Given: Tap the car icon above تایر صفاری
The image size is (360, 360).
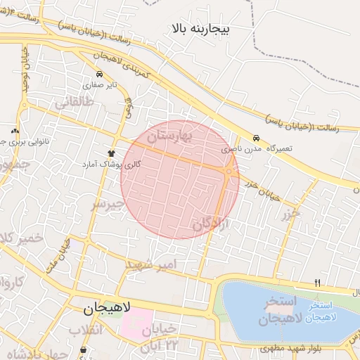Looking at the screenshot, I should (100, 74).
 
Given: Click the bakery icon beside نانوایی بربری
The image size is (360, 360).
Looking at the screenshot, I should (15, 131).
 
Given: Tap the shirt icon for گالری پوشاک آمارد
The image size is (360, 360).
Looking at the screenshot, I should (111, 152).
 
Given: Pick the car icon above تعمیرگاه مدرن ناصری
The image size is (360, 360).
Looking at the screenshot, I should (256, 139).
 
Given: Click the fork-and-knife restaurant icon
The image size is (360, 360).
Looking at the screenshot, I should (318, 283).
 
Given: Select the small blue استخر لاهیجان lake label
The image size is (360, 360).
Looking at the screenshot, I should (323, 312).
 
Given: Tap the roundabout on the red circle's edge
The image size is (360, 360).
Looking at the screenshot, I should (229, 171).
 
